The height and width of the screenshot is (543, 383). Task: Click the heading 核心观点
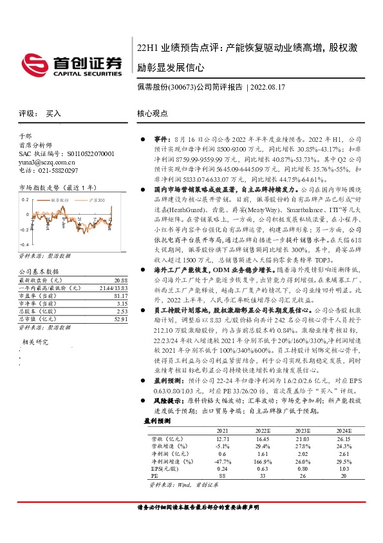click(x=152, y=113)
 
